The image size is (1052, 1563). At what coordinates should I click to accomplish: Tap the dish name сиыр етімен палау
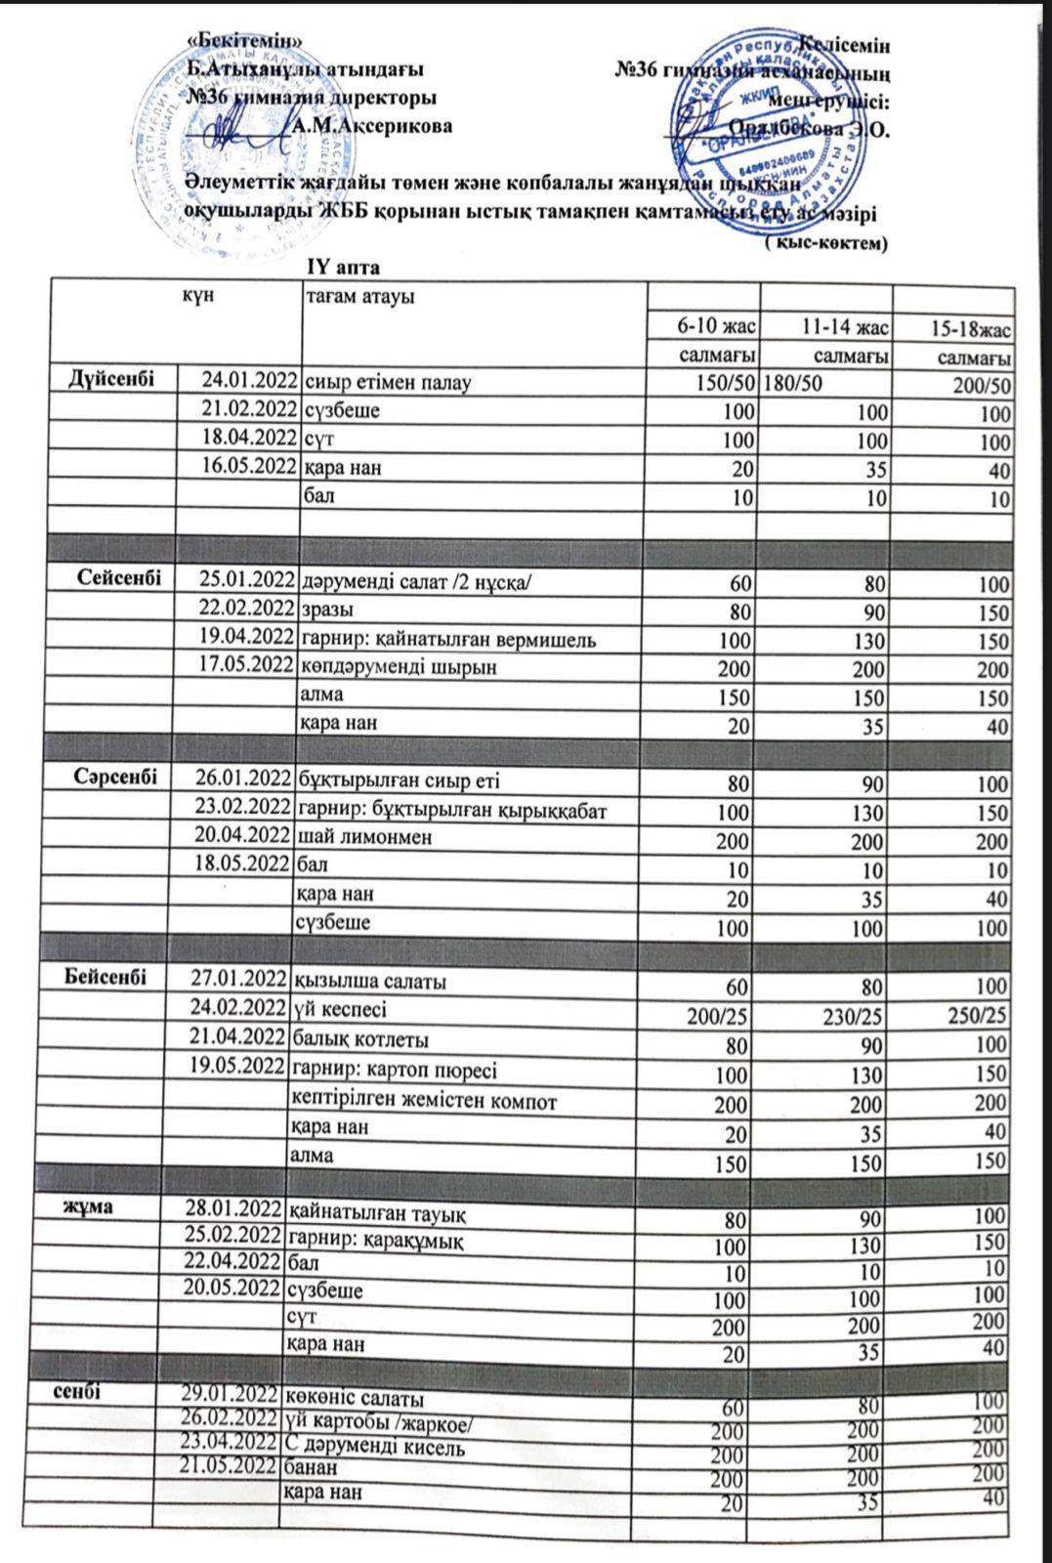coord(388,382)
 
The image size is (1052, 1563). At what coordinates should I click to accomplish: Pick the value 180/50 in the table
coord(792,384)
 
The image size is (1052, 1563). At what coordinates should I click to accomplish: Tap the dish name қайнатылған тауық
coord(375,1214)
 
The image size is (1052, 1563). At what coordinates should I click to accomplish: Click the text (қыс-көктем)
coord(824,243)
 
